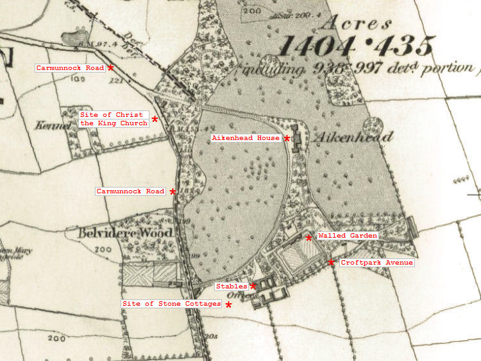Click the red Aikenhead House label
point(246,138)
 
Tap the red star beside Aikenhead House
point(287,138)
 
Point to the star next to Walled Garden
point(308,238)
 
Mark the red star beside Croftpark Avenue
point(331,262)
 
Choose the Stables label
point(232,286)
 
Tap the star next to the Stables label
point(253,286)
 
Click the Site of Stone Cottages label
point(171,303)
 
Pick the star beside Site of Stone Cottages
point(228,305)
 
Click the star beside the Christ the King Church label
point(155,119)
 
